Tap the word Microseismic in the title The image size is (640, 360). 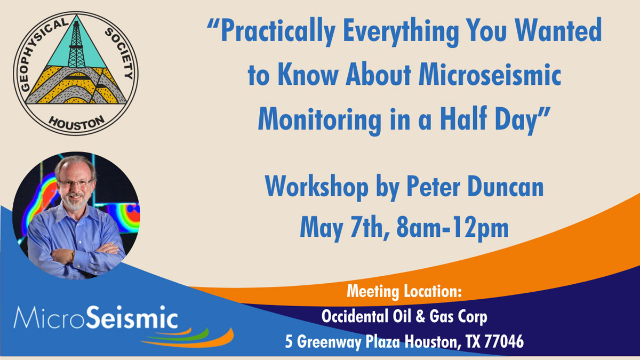pyautogui.click(x=490, y=75)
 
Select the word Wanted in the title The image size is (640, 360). pyautogui.click(x=558, y=30)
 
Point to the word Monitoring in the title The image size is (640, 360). pyautogui.click(x=319, y=121)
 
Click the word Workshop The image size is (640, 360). pyautogui.click(x=317, y=187)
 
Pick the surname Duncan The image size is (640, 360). pyautogui.click(x=506, y=187)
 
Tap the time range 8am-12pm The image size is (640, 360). pyautogui.click(x=453, y=229)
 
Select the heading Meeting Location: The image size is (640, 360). pyautogui.click(x=404, y=291)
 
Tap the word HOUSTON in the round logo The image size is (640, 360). pyautogui.click(x=77, y=123)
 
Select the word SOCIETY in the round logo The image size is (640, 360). pyautogui.click(x=119, y=53)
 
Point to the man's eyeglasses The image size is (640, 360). pyautogui.click(x=75, y=183)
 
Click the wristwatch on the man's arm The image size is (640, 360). pyautogui.click(x=73, y=256)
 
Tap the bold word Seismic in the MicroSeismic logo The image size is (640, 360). pyautogui.click(x=132, y=317)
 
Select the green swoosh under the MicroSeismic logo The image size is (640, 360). pyautogui.click(x=180, y=335)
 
